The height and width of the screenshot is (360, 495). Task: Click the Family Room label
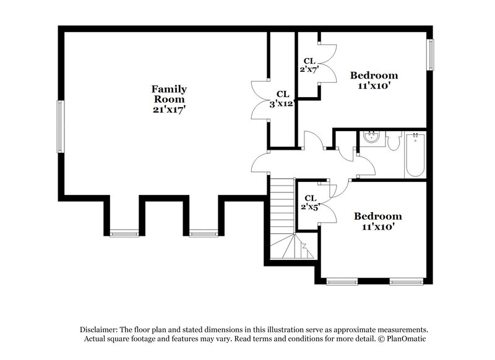[x=169, y=93]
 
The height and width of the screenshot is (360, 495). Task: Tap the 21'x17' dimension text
[x=169, y=109]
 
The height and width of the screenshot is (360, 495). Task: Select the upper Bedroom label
[x=374, y=75]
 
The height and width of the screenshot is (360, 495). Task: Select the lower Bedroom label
[x=377, y=216]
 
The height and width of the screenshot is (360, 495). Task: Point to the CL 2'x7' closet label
[x=309, y=65]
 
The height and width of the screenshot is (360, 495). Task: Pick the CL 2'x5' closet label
[x=309, y=202]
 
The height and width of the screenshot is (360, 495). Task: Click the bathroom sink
[x=372, y=137]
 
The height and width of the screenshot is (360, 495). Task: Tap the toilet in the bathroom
[x=394, y=140]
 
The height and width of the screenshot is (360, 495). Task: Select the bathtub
[x=415, y=155]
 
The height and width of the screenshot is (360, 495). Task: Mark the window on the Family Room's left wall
[x=60, y=126]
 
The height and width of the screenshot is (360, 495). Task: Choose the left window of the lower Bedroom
[x=342, y=282]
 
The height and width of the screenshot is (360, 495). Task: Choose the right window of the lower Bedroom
[x=405, y=282]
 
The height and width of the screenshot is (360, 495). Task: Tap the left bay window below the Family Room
[x=124, y=233]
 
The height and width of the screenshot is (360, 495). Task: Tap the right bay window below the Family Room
[x=204, y=233]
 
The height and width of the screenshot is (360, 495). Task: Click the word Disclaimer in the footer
[x=100, y=330]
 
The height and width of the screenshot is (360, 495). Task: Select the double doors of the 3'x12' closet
[x=259, y=99]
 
